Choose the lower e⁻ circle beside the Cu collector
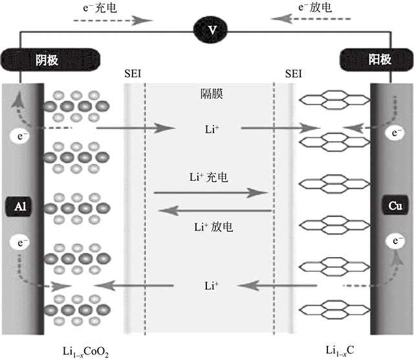[394, 242]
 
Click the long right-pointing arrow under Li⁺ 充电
[211, 192]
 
